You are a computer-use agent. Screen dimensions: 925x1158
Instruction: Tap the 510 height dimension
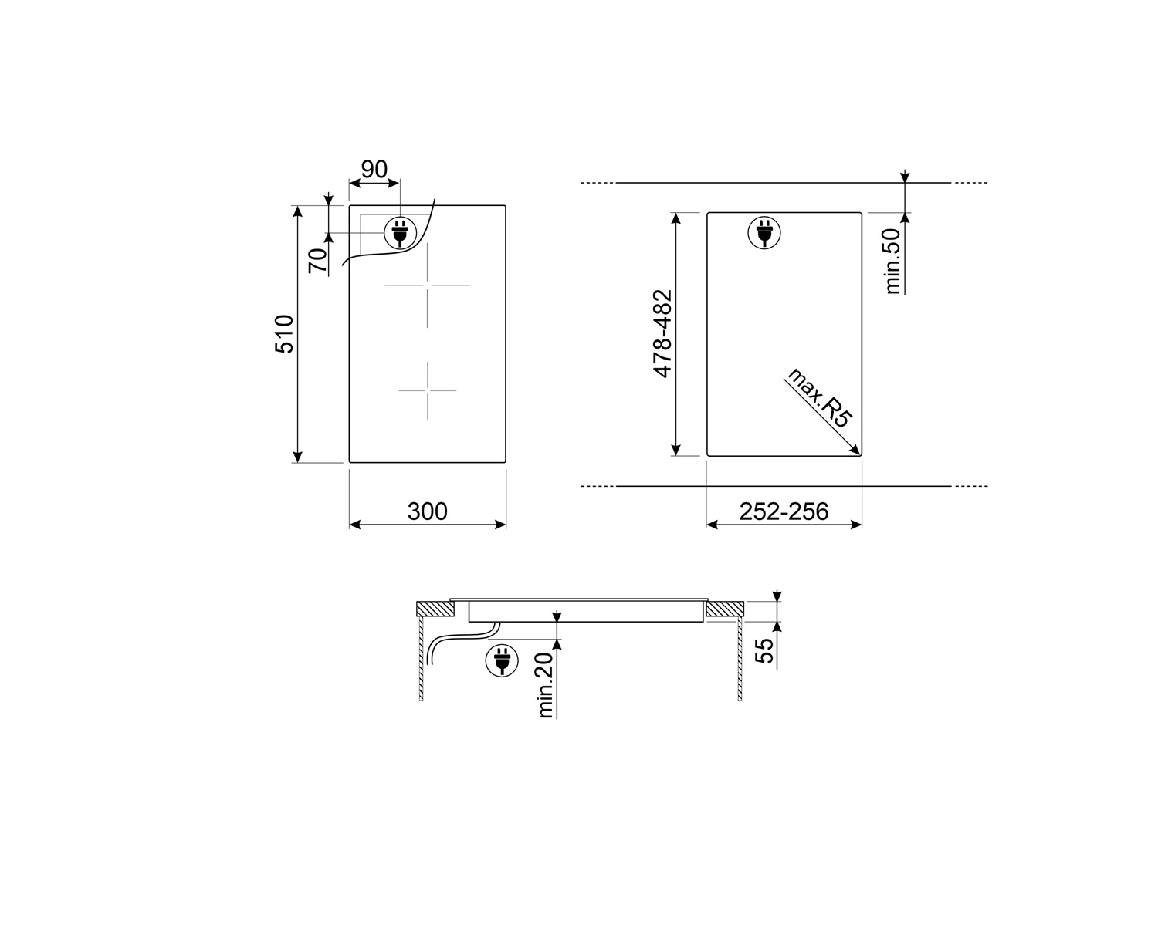(285, 334)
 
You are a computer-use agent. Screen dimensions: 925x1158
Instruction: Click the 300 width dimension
(427, 511)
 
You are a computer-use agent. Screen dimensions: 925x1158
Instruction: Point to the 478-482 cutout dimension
(663, 334)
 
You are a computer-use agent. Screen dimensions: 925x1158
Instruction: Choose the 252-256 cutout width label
(784, 511)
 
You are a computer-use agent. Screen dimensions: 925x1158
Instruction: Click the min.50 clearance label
(893, 261)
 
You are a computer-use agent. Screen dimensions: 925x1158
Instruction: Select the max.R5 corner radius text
(819, 397)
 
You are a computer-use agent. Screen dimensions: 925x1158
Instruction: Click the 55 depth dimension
(764, 651)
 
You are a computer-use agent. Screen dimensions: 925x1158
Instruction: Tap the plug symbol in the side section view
(500, 661)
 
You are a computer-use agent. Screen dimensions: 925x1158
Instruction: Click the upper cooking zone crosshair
(427, 285)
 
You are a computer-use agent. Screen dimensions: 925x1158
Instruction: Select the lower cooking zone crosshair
(427, 390)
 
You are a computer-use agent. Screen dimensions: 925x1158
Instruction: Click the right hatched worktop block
(723, 609)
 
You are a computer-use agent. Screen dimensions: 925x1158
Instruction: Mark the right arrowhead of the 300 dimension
(501, 525)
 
